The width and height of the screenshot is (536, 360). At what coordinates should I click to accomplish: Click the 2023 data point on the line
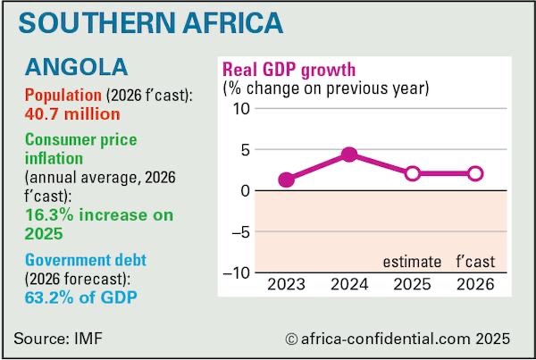286,180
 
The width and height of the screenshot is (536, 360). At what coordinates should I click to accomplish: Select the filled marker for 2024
349,155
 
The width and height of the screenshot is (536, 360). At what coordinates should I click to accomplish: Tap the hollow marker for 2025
412,173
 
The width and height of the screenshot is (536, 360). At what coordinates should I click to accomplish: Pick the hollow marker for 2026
475,173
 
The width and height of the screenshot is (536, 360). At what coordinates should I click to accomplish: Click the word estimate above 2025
412,262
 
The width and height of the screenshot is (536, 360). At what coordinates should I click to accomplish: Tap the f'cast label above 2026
474,262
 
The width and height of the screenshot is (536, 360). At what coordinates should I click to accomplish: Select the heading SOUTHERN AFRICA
148,24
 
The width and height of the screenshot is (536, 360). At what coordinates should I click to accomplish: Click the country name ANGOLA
76,67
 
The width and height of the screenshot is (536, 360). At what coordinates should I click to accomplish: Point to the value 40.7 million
72,114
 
